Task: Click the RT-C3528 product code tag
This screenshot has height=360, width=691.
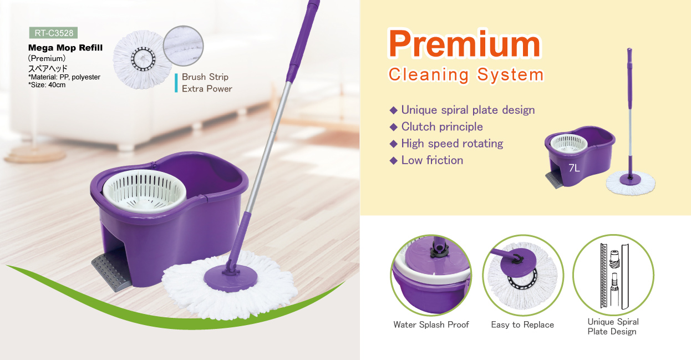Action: pos(53,33)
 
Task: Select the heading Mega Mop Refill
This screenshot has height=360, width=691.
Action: pos(65,48)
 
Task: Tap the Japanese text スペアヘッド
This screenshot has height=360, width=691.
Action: pos(48,68)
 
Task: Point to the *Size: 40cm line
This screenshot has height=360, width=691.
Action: pos(47,85)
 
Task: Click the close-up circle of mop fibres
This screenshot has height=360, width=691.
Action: pos(183,45)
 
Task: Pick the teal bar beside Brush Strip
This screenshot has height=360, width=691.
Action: pos(176,83)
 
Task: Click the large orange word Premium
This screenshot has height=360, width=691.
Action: pos(464,44)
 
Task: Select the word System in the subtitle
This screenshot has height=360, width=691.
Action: pos(510,75)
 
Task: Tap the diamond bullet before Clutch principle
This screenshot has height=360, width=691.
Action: pos(393,127)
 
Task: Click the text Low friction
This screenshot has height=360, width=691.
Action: pos(432,160)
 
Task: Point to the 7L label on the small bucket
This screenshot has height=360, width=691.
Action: pos(574,168)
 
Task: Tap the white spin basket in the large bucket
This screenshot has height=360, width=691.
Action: pos(144,191)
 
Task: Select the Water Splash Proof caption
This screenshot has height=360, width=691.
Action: pos(431,324)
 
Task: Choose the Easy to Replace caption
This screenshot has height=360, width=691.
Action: pos(522,324)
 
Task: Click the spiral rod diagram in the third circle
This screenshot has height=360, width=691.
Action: pos(614,276)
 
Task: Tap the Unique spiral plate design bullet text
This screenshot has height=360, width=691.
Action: pos(468,110)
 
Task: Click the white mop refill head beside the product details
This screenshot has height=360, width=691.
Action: pos(142,59)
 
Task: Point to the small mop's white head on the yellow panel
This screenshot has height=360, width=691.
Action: pos(631,183)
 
